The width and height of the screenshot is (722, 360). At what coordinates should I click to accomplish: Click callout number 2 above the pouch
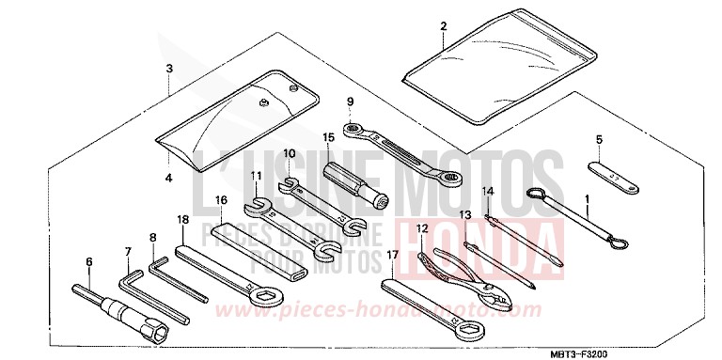tap(442, 28)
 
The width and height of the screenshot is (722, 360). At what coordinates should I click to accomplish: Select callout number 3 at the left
tap(169, 70)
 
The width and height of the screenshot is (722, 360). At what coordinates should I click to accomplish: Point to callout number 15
tap(328, 137)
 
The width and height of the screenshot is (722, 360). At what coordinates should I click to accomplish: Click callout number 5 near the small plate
tap(597, 141)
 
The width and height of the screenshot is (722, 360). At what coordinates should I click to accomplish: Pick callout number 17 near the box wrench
tap(393, 254)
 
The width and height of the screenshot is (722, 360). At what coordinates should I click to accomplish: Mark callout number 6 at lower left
tap(89, 262)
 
